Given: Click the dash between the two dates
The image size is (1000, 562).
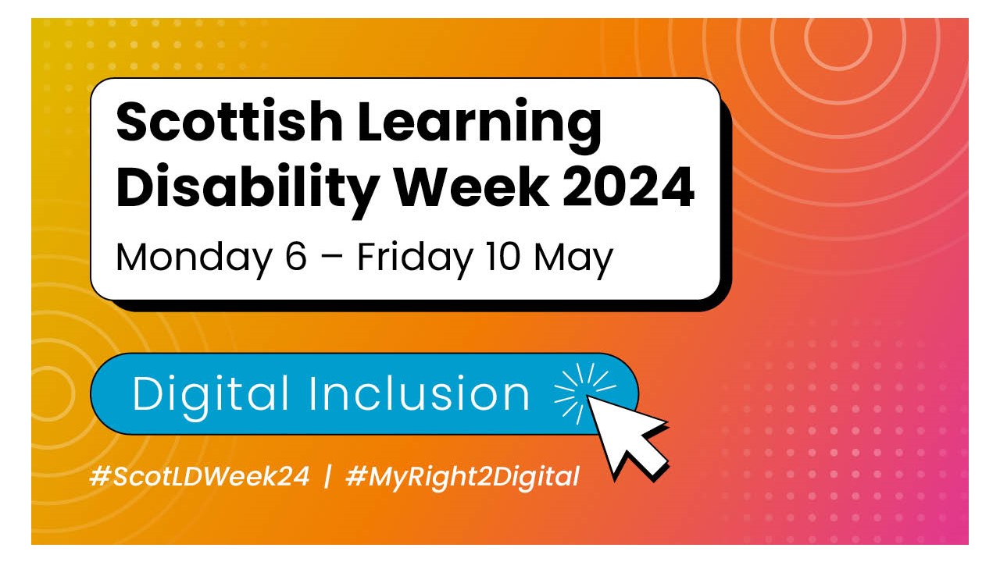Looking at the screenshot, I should [333, 258].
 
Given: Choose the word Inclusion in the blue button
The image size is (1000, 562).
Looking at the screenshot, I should [420, 393].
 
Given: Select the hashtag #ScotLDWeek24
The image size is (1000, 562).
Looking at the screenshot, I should [200, 475].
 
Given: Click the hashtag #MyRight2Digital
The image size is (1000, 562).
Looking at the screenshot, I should [462, 476].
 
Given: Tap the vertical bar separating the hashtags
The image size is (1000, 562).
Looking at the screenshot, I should [327, 475].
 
